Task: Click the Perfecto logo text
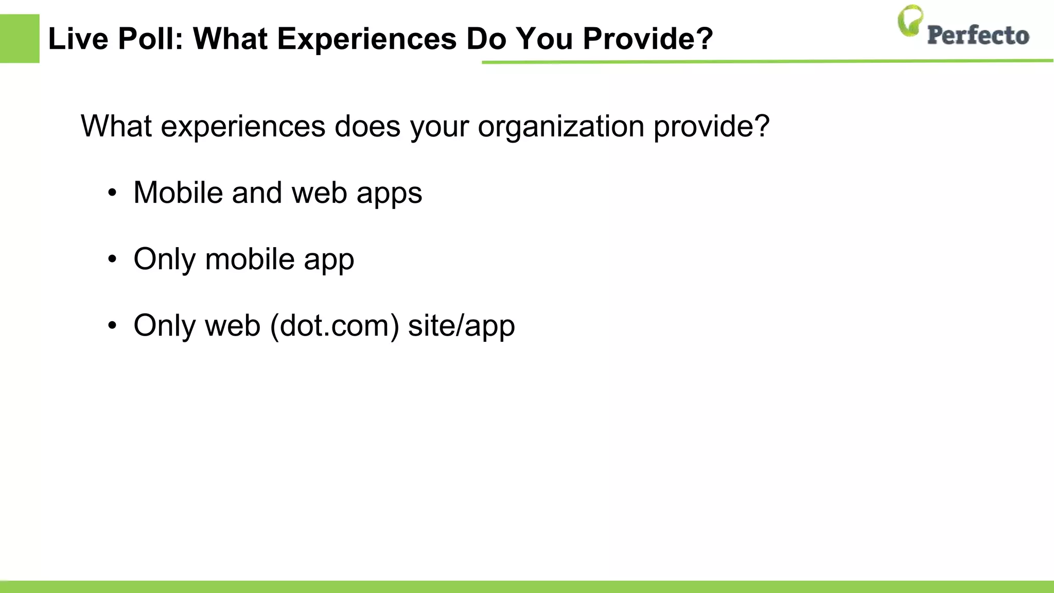(978, 35)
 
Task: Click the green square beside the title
(20, 39)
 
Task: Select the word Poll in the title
(150, 39)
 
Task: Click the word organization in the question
(560, 126)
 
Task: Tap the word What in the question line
(116, 126)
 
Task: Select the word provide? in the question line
(711, 126)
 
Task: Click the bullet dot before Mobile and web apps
(112, 194)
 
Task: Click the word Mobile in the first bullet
(178, 193)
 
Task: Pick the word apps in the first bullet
(389, 194)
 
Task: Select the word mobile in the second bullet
(249, 259)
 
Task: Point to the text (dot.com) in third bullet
(334, 326)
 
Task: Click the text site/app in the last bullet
(461, 326)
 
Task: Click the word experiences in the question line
(243, 126)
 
